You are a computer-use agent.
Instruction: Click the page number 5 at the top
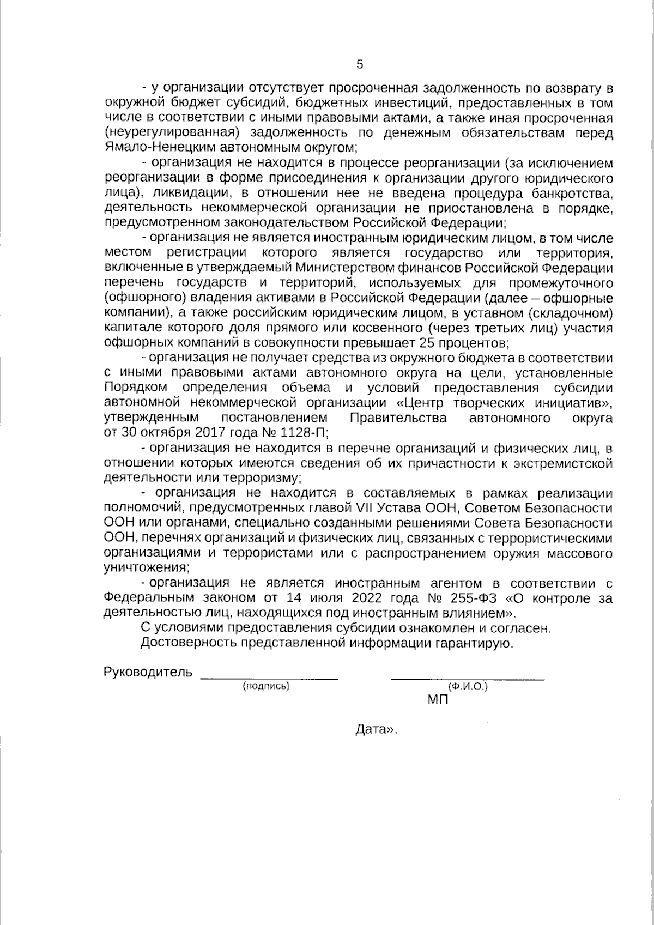pyautogui.click(x=359, y=64)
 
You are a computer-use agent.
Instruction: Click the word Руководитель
pyautogui.click(x=148, y=672)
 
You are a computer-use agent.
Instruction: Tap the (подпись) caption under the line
pyautogui.click(x=266, y=686)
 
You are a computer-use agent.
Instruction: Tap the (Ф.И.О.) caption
pyautogui.click(x=467, y=687)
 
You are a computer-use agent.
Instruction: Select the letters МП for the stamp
pyautogui.click(x=438, y=700)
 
